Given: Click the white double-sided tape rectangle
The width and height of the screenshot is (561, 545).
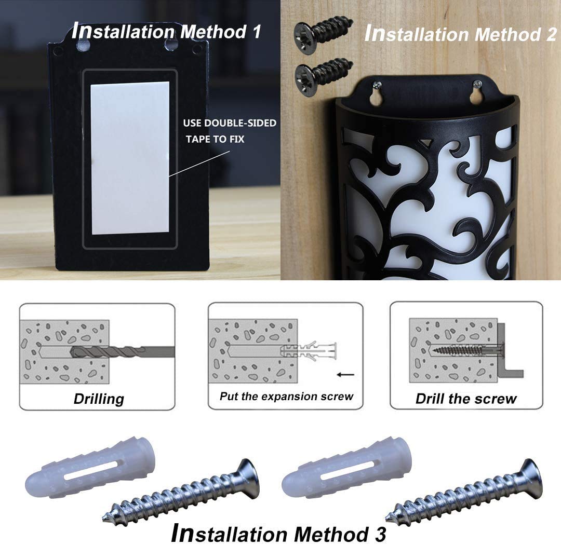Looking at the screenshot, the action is click(130, 158).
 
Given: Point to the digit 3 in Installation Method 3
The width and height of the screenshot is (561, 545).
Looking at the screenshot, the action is click(380, 535).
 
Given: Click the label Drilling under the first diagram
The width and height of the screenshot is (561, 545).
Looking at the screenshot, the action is click(99, 399).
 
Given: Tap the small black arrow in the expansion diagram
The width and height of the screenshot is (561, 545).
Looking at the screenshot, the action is click(345, 375).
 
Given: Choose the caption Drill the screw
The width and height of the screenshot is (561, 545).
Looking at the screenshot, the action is click(466, 399).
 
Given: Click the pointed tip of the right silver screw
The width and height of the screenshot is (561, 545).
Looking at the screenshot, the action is click(387, 519).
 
